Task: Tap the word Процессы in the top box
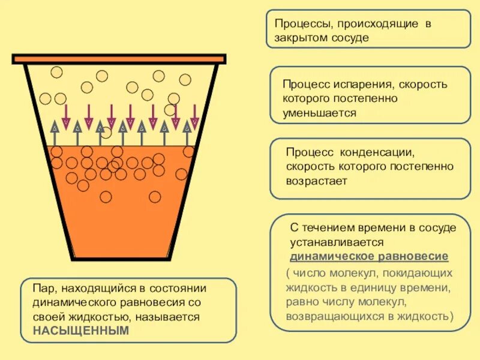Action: (303, 25)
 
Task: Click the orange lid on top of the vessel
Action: (119, 59)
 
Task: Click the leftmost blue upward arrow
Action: (55, 133)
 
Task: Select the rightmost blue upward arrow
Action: (187, 133)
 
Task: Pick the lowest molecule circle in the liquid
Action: (106, 197)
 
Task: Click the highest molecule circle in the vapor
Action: (56, 72)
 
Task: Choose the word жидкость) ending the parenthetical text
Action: (425, 315)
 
